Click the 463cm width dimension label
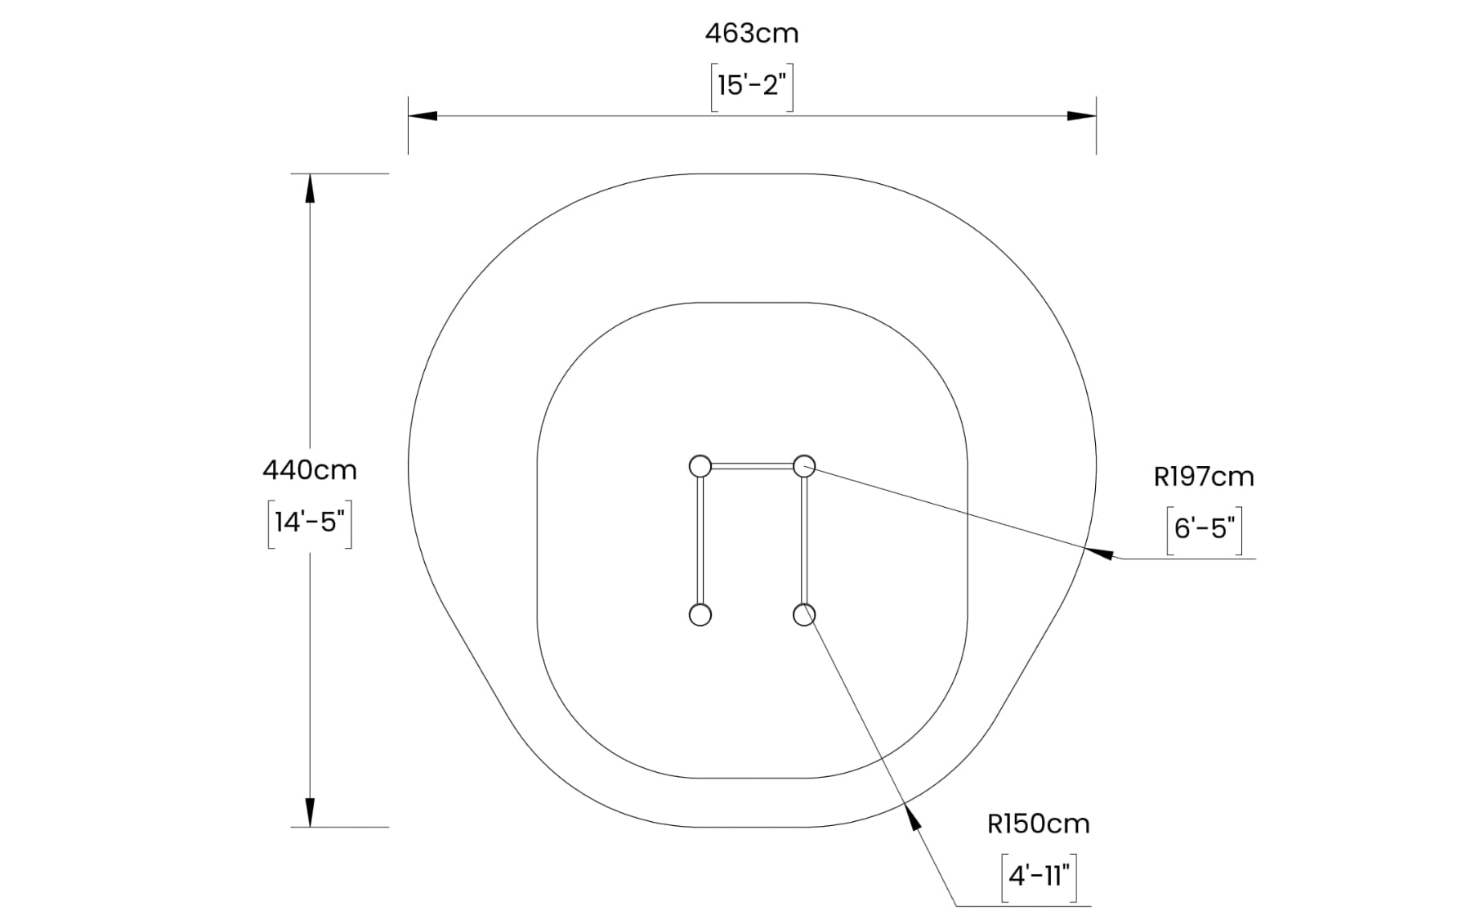[752, 34]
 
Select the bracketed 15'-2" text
[752, 85]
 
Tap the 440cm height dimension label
[310, 470]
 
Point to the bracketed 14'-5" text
[310, 522]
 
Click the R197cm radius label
[1204, 477]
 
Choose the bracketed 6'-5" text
[1205, 528]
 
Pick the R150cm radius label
[1039, 824]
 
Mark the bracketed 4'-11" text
[1040, 876]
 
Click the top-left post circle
[700, 466]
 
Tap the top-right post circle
[804, 466]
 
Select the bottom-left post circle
[700, 614]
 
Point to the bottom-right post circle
[804, 614]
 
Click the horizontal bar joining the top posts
[752, 466]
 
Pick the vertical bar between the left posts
[700, 541]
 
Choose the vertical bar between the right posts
[804, 541]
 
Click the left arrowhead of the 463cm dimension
[423, 116]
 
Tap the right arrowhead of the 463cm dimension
[1082, 116]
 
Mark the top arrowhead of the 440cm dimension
[310, 188]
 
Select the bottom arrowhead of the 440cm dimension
[310, 812]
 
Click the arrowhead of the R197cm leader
[1099, 552]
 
